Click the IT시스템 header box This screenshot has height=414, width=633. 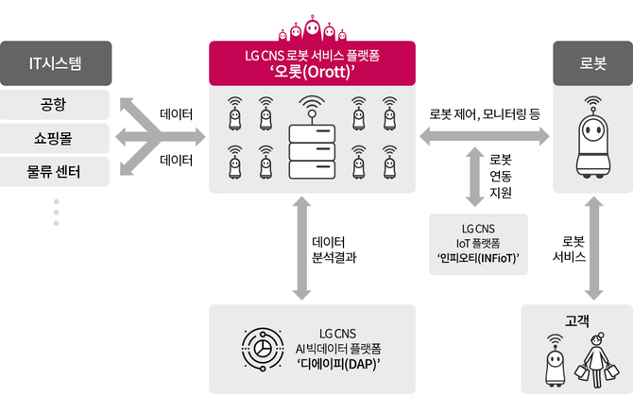tap(55, 63)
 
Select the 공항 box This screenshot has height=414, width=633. tap(55, 103)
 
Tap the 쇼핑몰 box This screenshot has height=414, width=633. tap(55, 138)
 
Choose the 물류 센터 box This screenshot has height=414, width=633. tap(55, 172)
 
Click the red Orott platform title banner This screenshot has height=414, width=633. tap(312, 63)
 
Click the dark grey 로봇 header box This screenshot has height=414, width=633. tap(593, 63)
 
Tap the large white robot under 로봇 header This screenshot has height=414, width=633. tap(593, 140)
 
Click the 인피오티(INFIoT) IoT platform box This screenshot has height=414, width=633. tap(478, 243)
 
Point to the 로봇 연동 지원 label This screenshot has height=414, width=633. tap(501, 176)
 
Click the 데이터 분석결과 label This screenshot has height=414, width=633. tap(334, 248)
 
